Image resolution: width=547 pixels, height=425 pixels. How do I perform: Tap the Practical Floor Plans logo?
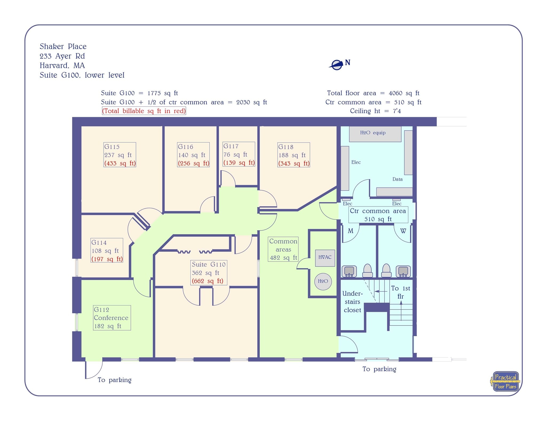pos(505,382)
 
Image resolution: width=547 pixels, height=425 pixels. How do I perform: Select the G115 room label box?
pos(120,155)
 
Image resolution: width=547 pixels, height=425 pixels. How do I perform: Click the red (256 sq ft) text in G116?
pos(193,163)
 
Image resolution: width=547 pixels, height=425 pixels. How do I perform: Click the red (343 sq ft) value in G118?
pos(294,164)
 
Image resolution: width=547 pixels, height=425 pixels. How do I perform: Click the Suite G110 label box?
pos(209,272)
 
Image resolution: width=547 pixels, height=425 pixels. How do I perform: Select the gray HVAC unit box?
pos(325,258)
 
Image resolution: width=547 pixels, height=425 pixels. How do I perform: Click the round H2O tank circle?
pos(323,281)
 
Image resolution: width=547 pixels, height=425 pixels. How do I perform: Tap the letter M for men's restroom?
pos(350,231)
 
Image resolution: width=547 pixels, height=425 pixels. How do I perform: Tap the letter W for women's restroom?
pos(403,231)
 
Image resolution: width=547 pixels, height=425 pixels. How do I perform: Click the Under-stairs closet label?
pos(352,302)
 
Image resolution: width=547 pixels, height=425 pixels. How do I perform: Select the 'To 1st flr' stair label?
pos(400,292)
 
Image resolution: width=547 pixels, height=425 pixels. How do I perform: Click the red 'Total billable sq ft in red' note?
pos(144,111)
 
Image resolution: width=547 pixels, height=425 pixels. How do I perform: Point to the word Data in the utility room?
pos(397,179)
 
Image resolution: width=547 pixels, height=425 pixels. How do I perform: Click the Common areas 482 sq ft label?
pos(283,249)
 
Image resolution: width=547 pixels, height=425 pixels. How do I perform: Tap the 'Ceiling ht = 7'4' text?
pos(375,111)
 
